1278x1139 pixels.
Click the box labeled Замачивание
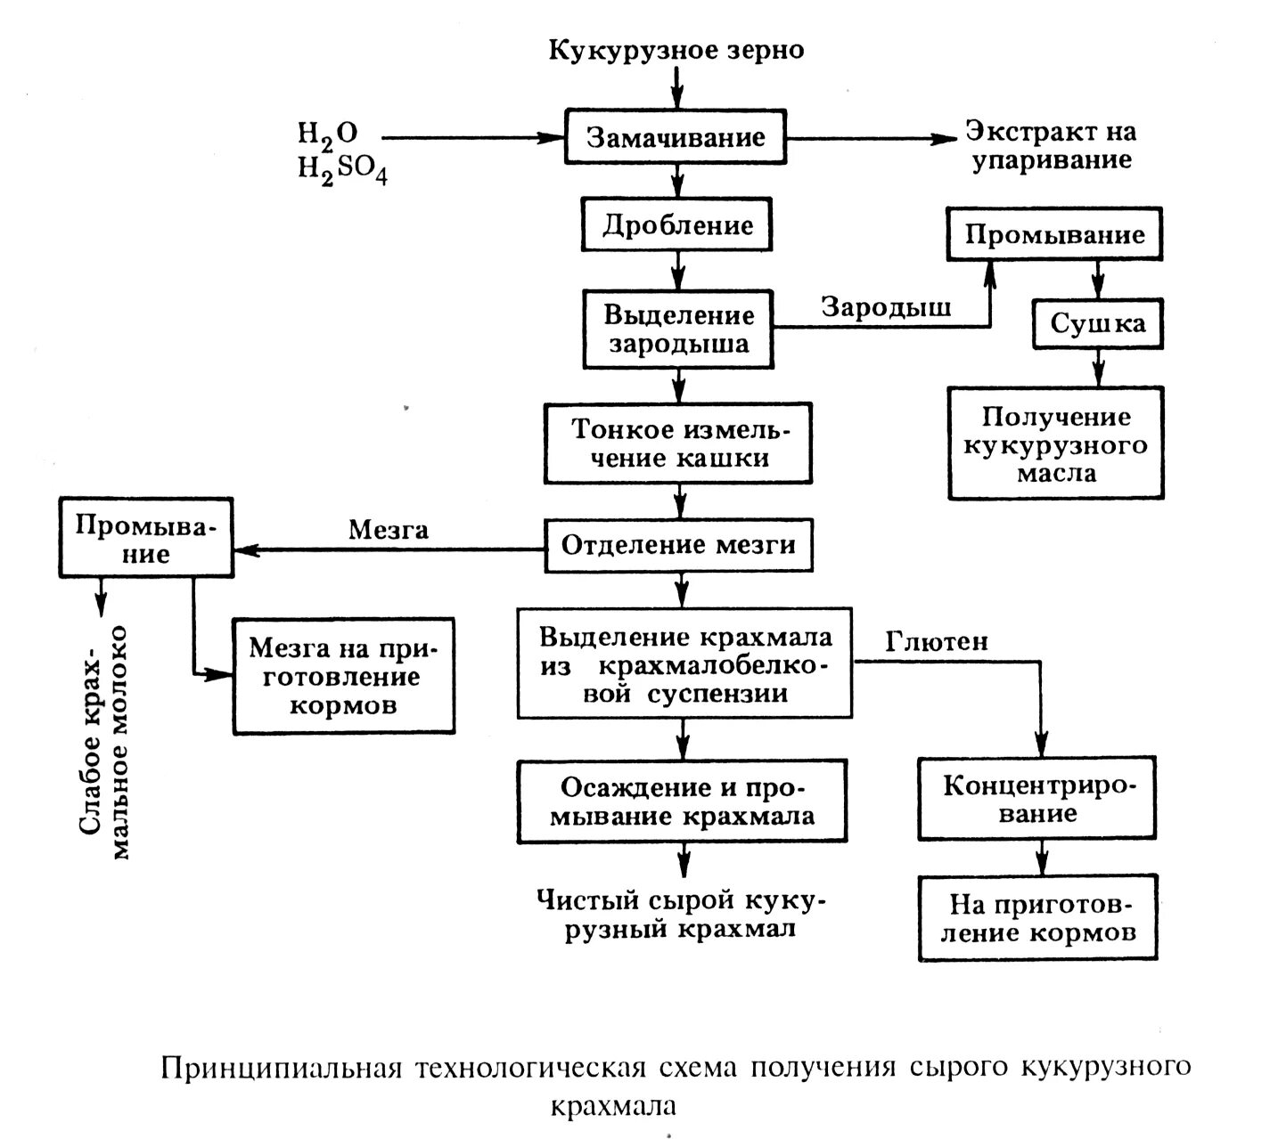click(x=676, y=138)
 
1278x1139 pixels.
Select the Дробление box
click(x=677, y=225)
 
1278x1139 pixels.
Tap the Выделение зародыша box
click(x=678, y=329)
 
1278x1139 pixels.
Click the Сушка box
click(x=1098, y=323)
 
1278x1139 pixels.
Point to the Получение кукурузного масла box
click(x=1056, y=443)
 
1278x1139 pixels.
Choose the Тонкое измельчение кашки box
click(x=679, y=443)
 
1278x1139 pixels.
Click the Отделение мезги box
click(x=679, y=544)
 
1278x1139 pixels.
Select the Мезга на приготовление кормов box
click(x=343, y=676)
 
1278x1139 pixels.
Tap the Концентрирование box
click(x=1037, y=799)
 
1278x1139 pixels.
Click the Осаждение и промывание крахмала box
click(x=682, y=801)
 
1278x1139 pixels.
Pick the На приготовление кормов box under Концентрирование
click(x=1038, y=918)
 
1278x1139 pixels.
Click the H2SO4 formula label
click(x=342, y=169)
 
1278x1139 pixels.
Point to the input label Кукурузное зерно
click(x=676, y=50)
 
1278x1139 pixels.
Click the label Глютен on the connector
click(x=936, y=641)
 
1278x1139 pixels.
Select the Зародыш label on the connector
click(x=886, y=307)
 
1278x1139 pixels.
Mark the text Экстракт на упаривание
click(x=1051, y=146)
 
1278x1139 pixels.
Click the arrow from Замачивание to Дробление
click(x=677, y=181)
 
